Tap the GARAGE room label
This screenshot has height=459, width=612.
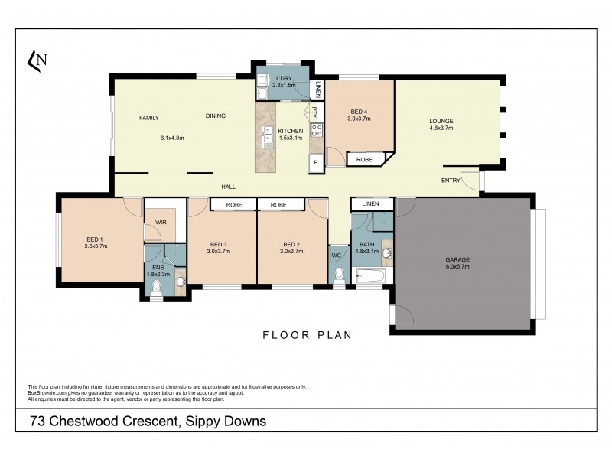point(457,259)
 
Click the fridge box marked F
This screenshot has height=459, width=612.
point(315,162)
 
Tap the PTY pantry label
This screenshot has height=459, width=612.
point(314,112)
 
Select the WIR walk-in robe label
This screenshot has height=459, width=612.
point(161,223)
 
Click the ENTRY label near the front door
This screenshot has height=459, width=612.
point(451,181)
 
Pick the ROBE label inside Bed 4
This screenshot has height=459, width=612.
point(364,160)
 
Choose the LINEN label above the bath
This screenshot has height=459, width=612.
point(370,204)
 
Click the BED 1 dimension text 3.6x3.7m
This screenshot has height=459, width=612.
point(96,246)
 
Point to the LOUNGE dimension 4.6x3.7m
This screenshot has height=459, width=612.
point(441,129)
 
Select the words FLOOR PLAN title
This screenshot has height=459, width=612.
point(307,334)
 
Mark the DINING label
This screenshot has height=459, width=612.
point(216,116)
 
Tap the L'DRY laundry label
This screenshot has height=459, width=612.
point(283,78)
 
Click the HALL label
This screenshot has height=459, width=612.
point(228,187)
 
